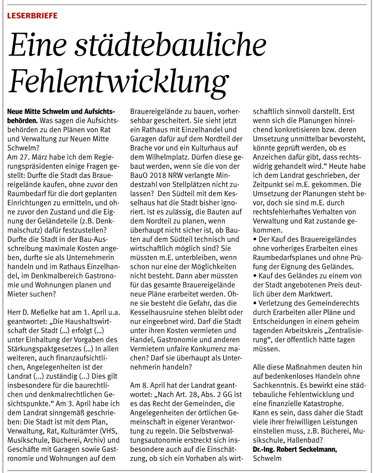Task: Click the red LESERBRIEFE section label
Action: tap(32, 16)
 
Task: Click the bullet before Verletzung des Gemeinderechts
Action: tap(255, 303)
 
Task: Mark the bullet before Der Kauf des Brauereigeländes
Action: tap(255, 239)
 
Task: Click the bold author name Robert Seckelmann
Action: tap(307, 449)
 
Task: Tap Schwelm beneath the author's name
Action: tap(267, 459)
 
